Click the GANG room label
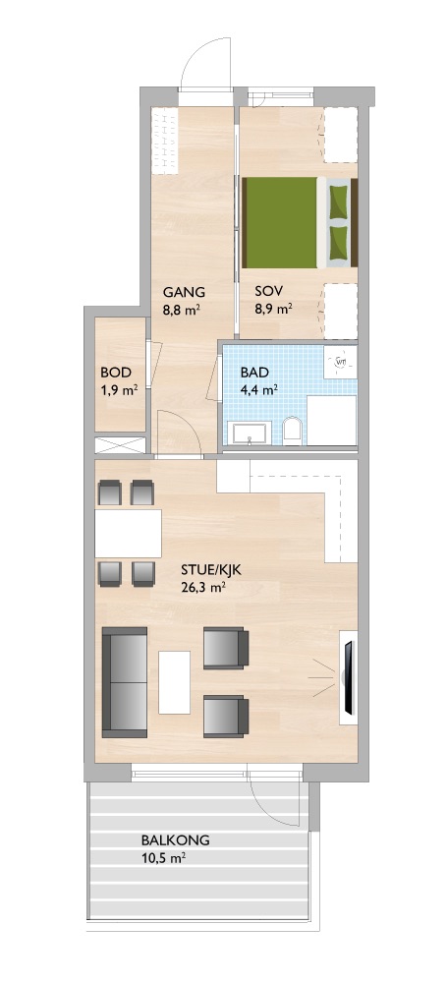click(184, 292)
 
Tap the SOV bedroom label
click(268, 292)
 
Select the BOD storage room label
click(114, 373)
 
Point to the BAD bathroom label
click(254, 373)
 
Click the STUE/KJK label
click(210, 570)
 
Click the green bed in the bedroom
click(299, 222)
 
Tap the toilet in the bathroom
click(292, 431)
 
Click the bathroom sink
click(250, 434)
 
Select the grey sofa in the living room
click(125, 682)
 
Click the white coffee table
click(174, 682)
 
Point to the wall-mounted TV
click(348, 678)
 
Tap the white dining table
click(128, 534)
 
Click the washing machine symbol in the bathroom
click(341, 362)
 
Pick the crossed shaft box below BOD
click(121, 445)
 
